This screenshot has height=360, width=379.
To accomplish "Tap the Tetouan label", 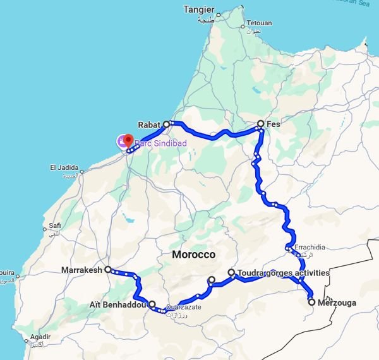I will click(x=259, y=23).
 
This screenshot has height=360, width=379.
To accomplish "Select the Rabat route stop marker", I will click(x=167, y=124).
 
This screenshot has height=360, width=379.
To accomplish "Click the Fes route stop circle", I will click(x=260, y=124).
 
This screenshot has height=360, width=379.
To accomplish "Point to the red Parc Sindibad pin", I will click(x=128, y=140).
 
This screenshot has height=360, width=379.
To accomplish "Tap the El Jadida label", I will click(x=66, y=167).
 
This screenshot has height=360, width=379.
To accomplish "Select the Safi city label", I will click(x=53, y=225).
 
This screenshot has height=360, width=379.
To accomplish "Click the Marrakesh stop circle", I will click(x=108, y=270).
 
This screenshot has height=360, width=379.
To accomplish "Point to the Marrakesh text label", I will click(x=82, y=270).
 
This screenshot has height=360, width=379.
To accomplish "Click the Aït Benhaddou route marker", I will click(x=152, y=304).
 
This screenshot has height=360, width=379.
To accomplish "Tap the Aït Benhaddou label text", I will click(x=119, y=305).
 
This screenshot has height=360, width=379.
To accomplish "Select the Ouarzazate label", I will click(x=184, y=306).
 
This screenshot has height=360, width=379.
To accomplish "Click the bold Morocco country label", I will click(x=193, y=255).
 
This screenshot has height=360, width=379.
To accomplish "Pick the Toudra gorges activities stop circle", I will click(x=232, y=273).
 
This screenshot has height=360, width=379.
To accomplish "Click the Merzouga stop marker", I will click(x=311, y=302).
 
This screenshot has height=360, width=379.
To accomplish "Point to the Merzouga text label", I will click(x=337, y=303).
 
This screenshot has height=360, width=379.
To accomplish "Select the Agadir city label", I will click(x=39, y=337).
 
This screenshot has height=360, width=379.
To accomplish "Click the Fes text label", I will click(x=273, y=124).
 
